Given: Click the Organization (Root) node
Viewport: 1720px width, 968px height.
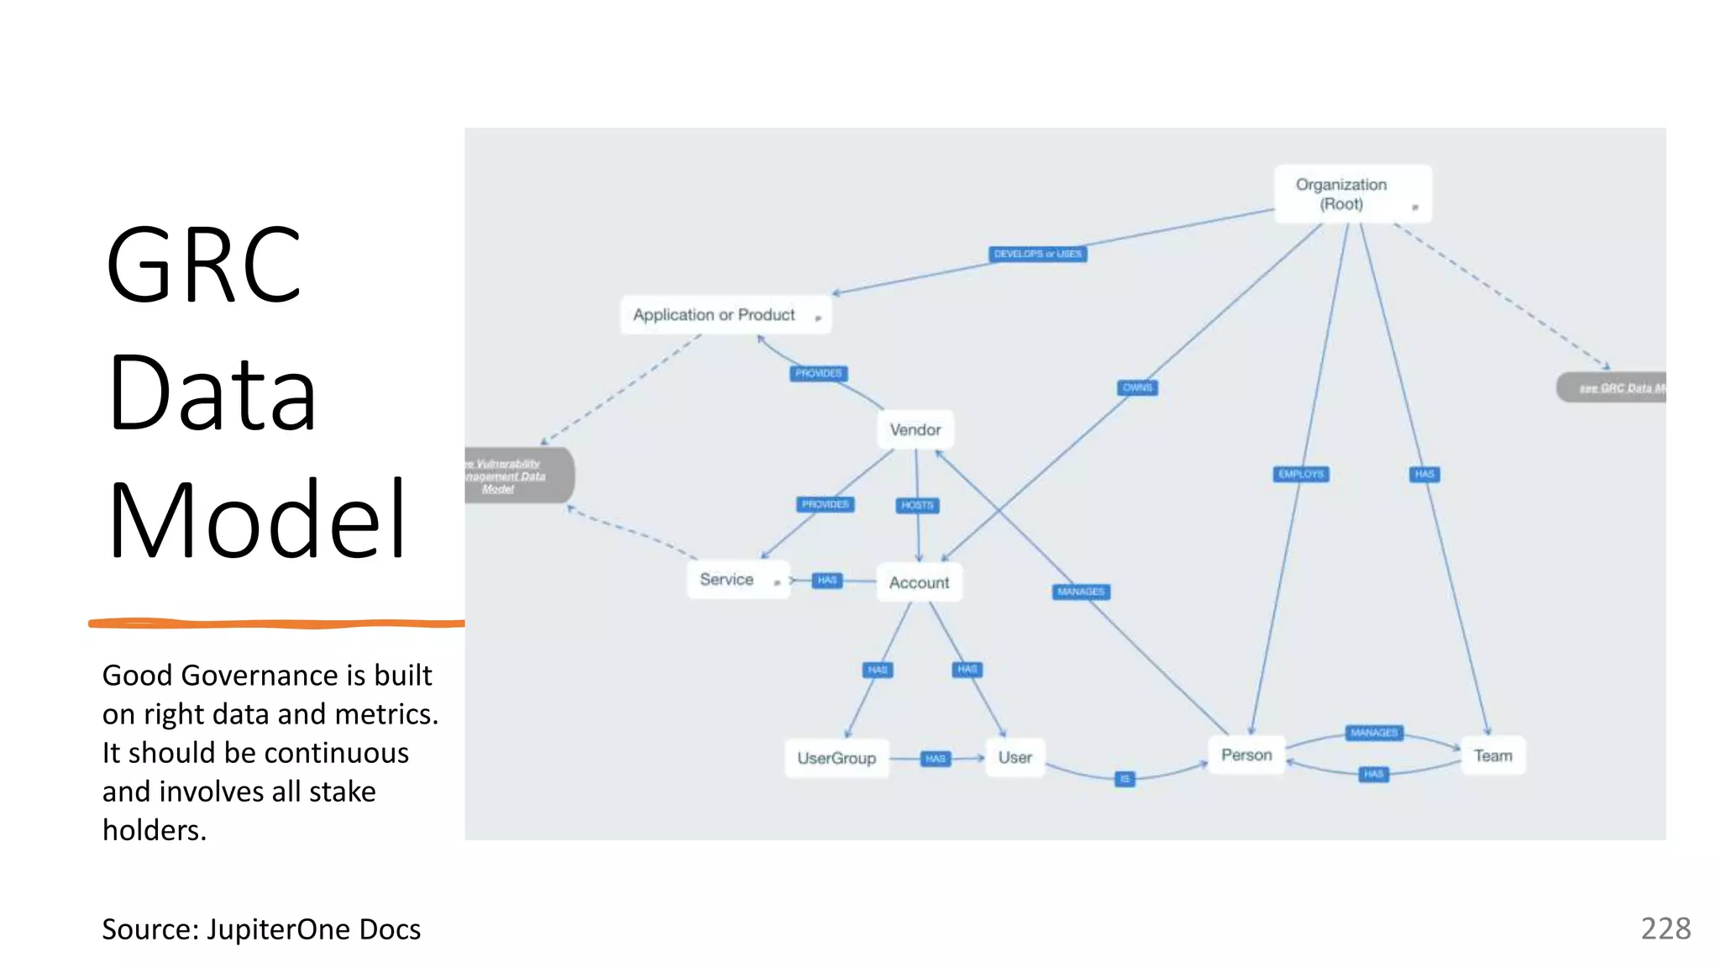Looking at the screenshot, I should tap(1351, 194).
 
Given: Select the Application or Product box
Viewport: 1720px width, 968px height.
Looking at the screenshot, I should tap(725, 315).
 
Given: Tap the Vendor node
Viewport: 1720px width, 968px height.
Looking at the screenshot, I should tap(915, 430).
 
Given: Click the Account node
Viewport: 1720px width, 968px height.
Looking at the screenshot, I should tap(919, 582).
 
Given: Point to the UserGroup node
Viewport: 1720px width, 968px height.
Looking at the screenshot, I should tap(836, 758).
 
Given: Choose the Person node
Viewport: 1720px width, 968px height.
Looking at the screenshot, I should tap(1246, 755).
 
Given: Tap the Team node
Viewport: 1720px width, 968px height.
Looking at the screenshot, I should tap(1492, 755).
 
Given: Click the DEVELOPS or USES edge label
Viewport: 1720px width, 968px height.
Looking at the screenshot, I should tap(1037, 254).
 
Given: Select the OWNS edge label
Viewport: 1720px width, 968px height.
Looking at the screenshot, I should tap(1137, 387).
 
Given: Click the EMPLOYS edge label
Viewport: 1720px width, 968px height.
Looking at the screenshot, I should tap(1301, 474).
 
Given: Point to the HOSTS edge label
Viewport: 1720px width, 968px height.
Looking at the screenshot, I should tap(917, 505).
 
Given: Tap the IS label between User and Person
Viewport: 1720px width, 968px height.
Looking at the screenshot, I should tap(1125, 779).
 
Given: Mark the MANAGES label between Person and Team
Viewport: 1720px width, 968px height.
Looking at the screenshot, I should tap(1374, 733).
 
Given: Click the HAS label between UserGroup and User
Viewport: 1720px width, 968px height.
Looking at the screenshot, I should tap(935, 759).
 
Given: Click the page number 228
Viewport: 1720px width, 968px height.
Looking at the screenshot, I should tap(1665, 929).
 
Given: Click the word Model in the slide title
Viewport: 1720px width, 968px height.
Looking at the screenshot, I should tap(257, 519).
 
